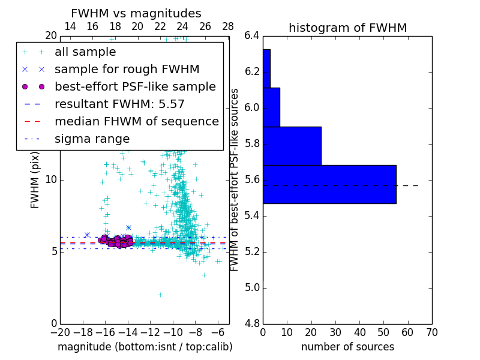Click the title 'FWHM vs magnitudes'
tap(136, 14)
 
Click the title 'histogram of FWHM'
tap(347, 28)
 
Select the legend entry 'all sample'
tap(85, 52)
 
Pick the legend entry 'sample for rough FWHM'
tap(127, 69)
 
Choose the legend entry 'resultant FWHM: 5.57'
tap(119, 104)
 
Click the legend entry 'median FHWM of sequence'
tap(136, 121)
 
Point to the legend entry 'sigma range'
tap(92, 139)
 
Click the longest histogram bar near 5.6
tap(329, 184)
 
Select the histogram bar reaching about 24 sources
tap(292, 146)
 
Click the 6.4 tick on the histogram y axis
tap(252, 36)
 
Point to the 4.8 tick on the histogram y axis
tap(252, 323)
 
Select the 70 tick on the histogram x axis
tap(432, 332)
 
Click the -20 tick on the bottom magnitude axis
tap(60, 332)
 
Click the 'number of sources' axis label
tap(347, 347)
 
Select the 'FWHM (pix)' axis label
tap(35, 180)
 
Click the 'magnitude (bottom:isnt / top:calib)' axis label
tap(145, 347)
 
